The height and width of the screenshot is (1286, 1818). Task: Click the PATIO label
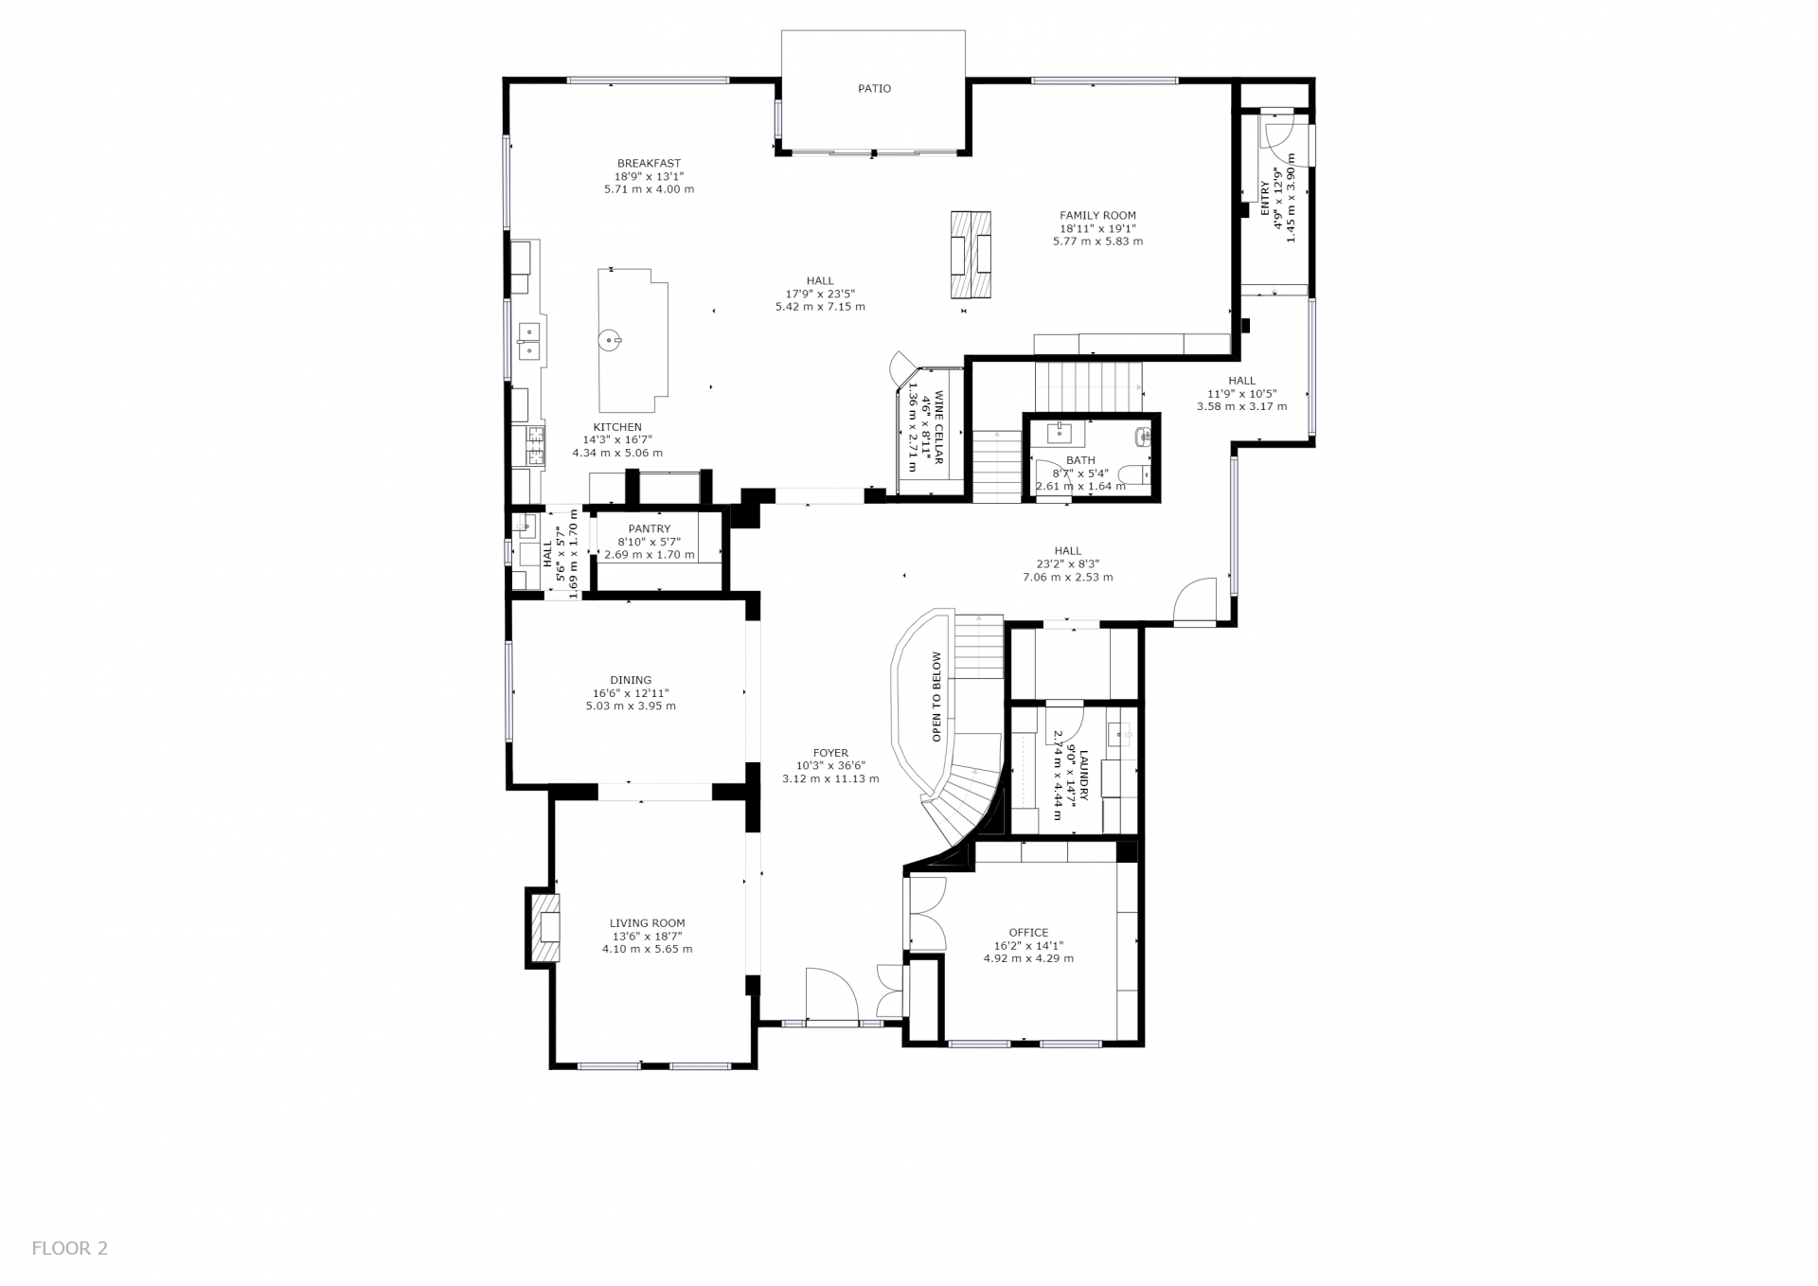point(874,89)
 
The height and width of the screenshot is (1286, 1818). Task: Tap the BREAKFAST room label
point(649,164)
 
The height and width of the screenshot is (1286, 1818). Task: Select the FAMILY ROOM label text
point(1097,216)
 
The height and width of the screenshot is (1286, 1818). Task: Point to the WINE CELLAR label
point(939,427)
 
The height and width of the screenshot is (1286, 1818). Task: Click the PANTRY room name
point(649,529)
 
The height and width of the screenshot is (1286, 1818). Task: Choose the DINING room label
point(631,680)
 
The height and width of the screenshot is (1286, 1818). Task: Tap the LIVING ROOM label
point(648,923)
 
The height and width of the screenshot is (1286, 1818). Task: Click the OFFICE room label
point(1028,933)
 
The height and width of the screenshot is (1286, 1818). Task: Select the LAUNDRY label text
point(1083,776)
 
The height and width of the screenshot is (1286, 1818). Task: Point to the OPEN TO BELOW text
point(936,696)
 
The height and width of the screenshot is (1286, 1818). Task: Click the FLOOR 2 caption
point(70,1248)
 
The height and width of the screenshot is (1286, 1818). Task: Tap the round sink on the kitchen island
point(612,337)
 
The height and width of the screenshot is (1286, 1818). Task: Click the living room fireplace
point(544,928)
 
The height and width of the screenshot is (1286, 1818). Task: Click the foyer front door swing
point(831,994)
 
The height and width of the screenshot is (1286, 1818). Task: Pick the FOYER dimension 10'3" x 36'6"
point(830,766)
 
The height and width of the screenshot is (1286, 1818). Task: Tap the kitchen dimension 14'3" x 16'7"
point(617,439)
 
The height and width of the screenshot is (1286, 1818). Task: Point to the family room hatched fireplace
point(971,254)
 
